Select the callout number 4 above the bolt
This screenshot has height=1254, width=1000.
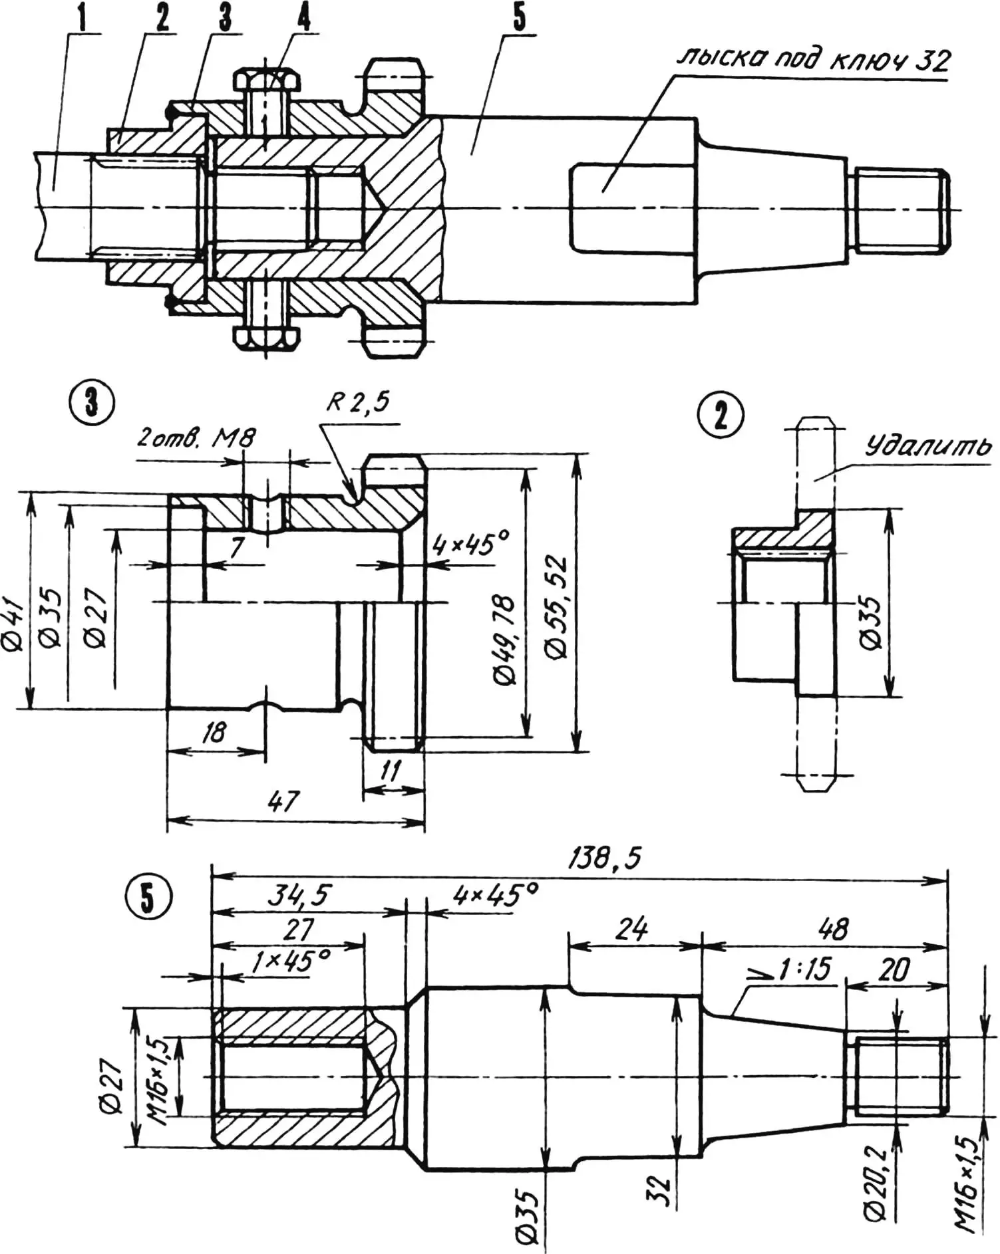coord(303,18)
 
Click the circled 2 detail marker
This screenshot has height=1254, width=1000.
coord(720,416)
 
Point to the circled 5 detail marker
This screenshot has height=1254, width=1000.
coord(147,899)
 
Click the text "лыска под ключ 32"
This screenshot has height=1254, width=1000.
coord(814,61)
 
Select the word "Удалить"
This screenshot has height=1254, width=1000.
coord(927,446)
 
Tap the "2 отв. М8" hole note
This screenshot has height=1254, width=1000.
coord(196,438)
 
